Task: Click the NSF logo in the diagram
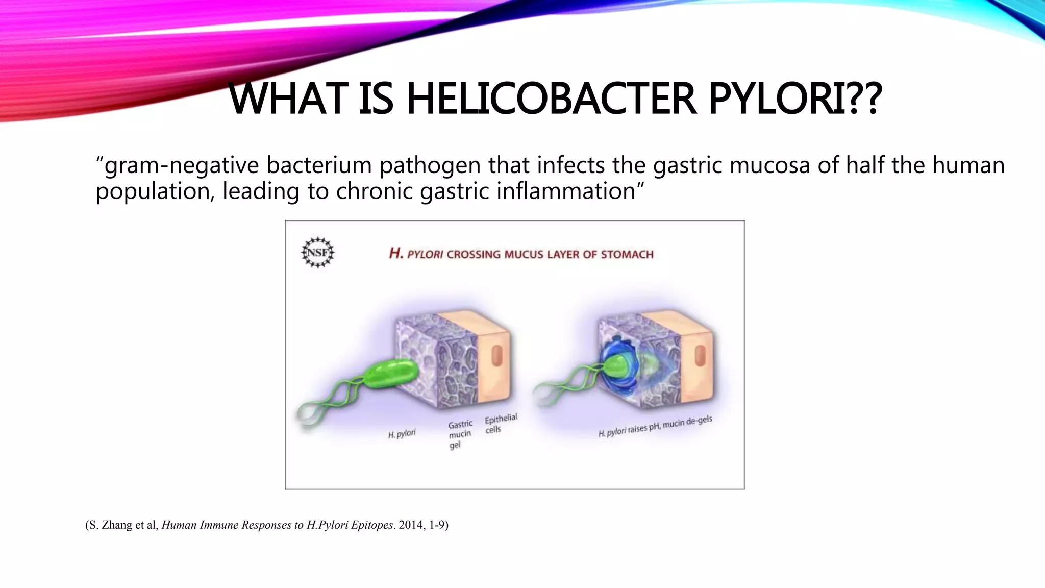(317, 253)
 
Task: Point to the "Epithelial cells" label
(500, 424)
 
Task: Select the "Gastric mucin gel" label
(460, 434)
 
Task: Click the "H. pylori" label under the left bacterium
(402, 434)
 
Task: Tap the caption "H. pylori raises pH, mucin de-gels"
(655, 427)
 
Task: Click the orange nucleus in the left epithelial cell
(496, 356)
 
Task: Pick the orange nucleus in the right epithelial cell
(699, 356)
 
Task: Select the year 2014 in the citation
(410, 525)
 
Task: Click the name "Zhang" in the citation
(117, 525)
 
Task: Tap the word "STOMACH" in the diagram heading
(627, 254)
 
